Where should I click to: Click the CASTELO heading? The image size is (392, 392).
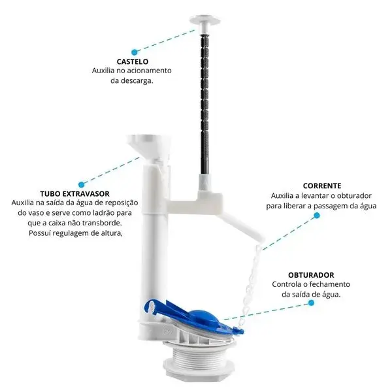pyautogui.click(x=133, y=61)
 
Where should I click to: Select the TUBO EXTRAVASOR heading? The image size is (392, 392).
pyautogui.click(x=74, y=194)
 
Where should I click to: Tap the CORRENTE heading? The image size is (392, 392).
pyautogui.click(x=322, y=186)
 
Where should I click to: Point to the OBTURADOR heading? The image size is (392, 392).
pyautogui.click(x=311, y=275)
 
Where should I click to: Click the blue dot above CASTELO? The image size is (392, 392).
pyautogui.click(x=135, y=52)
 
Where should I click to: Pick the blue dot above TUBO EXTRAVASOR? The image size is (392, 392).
pyautogui.click(x=81, y=185)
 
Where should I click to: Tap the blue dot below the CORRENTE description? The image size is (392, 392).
pyautogui.click(x=317, y=215)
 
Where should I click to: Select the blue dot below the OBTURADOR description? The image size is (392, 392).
pyautogui.click(x=311, y=302)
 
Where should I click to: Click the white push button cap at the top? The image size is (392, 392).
pyautogui.click(x=205, y=21)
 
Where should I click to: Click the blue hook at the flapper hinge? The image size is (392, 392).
pyautogui.click(x=152, y=306)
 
